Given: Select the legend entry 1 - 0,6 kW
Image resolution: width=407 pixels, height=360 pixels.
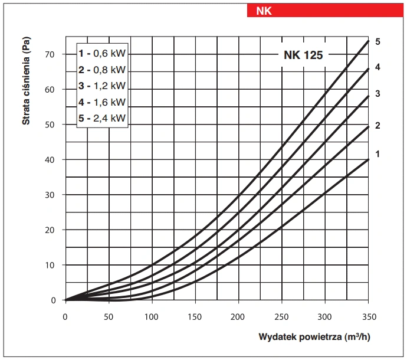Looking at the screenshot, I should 102,53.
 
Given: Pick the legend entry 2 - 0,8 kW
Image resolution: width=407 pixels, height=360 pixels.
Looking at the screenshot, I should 102,69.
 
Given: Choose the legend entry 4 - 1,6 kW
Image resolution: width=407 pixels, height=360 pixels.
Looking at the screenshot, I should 102,102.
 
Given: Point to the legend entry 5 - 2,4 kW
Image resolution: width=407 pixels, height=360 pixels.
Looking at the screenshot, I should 102,118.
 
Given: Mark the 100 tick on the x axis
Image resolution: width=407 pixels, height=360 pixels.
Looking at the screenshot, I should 152,316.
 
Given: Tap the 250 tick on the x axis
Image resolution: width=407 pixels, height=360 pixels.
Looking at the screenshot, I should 282,316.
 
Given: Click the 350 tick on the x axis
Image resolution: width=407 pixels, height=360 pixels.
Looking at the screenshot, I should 368,316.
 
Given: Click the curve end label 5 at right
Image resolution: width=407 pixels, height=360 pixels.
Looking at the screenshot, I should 378,42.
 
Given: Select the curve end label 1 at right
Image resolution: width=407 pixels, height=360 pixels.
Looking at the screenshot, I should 378,154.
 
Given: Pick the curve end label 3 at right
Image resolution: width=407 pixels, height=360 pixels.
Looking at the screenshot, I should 378,94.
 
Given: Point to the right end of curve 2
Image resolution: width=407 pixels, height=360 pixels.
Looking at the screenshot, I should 367,126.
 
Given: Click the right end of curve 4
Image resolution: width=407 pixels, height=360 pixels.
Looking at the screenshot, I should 367,69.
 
